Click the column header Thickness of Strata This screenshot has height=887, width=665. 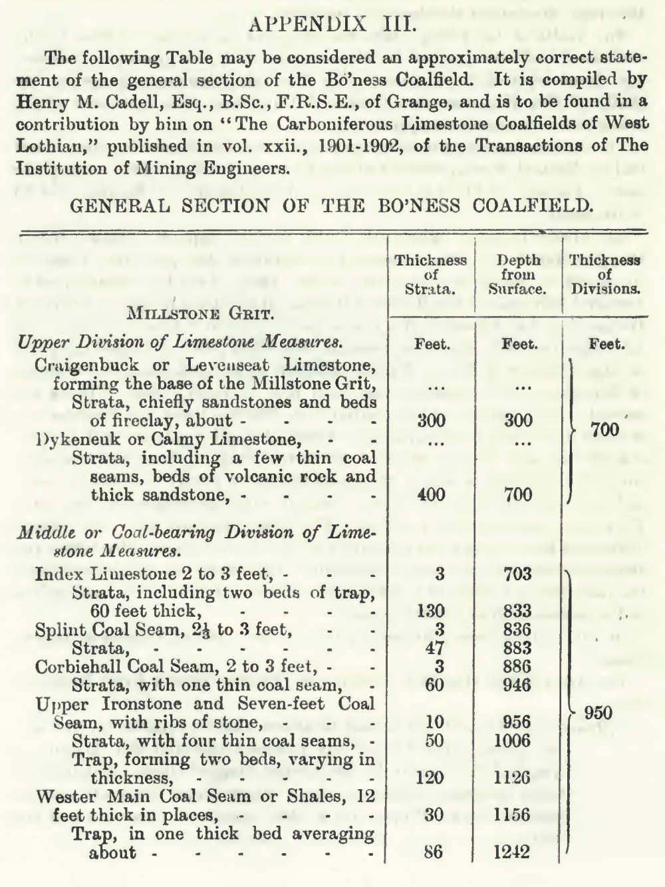coord(431,274)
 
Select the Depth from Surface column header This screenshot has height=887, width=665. coord(518,274)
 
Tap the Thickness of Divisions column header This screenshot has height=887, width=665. coord(604,274)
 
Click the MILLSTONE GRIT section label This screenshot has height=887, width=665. coord(200,313)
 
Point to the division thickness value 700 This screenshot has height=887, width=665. coord(605,430)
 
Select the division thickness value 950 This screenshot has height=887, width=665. coord(598,713)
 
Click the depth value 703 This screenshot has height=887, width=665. coord(517,574)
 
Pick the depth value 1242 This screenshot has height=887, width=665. coord(512,852)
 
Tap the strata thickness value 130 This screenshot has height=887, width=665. coord(431,611)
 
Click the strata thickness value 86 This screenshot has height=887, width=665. coord(433,852)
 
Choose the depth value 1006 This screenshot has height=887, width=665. coord(513,741)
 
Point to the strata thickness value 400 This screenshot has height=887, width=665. coord(432,494)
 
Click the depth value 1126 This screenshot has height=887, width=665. coord(513,778)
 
